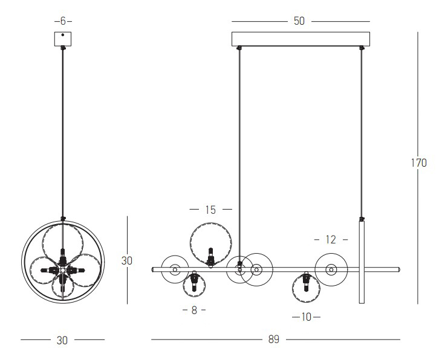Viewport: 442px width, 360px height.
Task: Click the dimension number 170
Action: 418,163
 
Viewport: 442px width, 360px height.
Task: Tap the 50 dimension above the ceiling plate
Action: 299,21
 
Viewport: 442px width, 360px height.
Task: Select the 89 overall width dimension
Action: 274,339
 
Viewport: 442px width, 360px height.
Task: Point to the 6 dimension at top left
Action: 63,21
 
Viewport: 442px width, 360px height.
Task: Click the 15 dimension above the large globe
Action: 210,210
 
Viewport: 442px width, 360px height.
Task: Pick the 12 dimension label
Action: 331,240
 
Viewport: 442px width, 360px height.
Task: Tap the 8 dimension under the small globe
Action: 194,310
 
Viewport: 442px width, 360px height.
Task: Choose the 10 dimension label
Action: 306,317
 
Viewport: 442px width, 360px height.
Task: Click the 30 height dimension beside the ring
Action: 126,261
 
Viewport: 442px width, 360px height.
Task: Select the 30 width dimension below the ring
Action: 62,340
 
